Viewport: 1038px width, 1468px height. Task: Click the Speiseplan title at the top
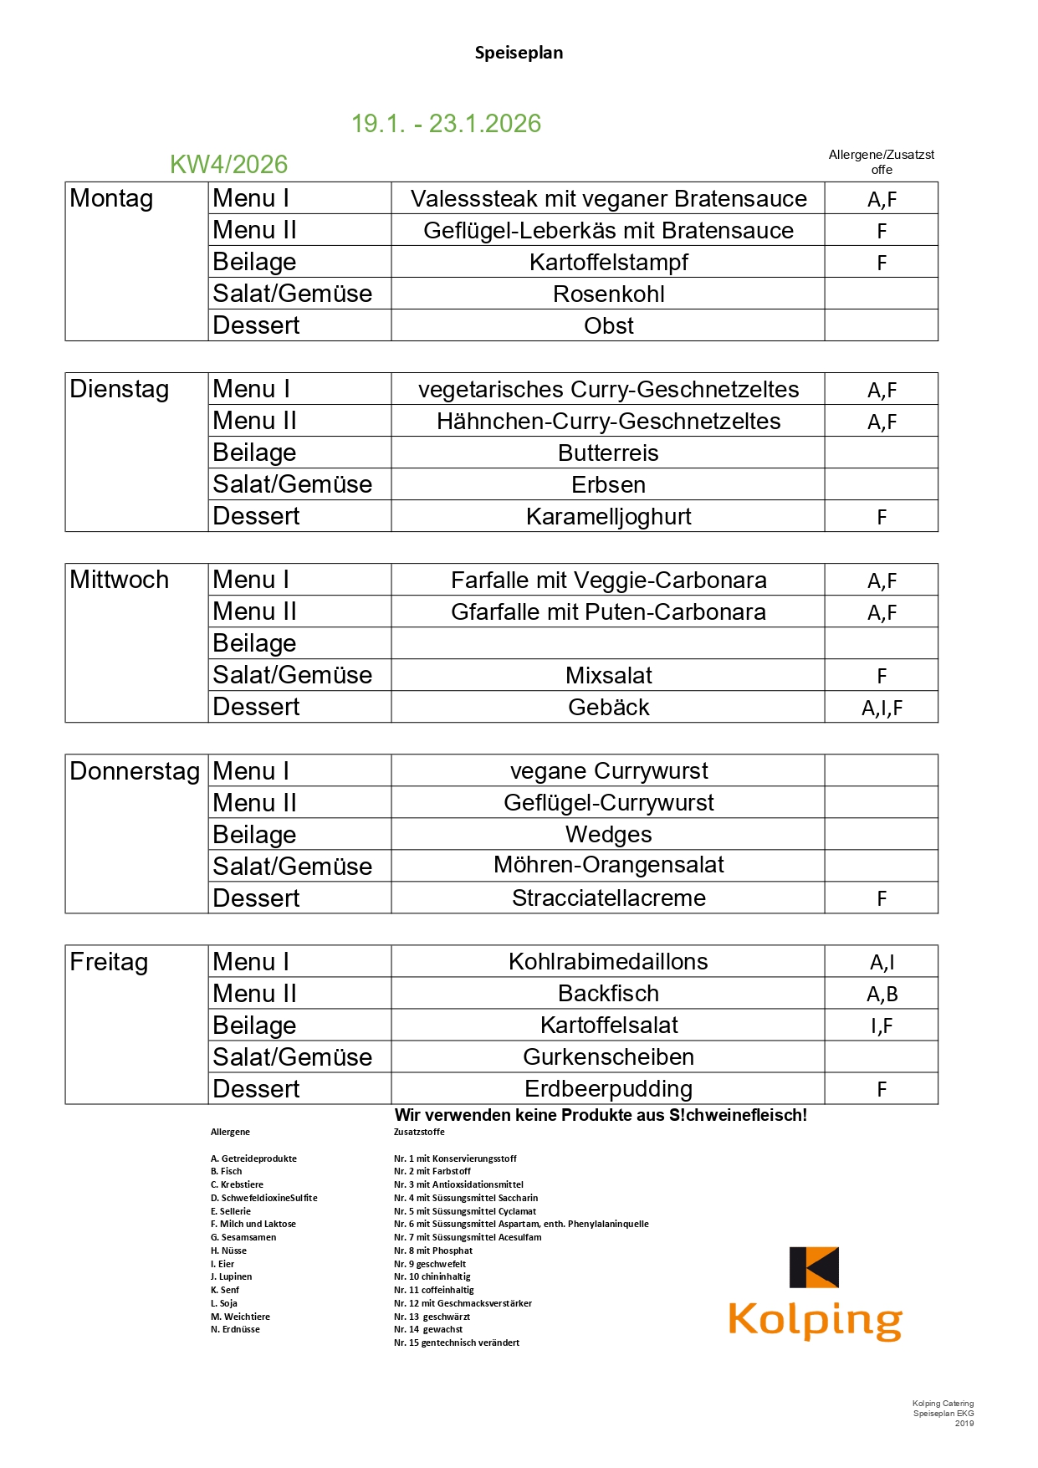[519, 53]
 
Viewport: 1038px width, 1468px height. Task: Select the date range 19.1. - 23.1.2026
[446, 124]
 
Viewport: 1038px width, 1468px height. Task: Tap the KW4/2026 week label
[228, 165]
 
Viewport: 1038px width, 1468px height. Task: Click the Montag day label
[111, 199]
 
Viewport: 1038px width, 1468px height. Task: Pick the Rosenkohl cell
[608, 294]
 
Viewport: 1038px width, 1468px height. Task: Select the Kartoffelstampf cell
[608, 263]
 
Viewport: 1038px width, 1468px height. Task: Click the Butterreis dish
[608, 453]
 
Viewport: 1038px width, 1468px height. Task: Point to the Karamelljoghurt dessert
[608, 517]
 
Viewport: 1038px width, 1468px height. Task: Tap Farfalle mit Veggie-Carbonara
[608, 581]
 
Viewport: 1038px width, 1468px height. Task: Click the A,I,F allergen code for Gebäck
[882, 708]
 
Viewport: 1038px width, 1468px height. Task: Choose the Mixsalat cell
[608, 676]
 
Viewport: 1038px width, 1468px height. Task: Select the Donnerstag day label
[135, 771]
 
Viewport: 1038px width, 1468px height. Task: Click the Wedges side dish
[608, 835]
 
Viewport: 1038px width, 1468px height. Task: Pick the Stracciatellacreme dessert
[608, 898]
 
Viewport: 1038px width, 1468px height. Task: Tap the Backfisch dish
[608, 994]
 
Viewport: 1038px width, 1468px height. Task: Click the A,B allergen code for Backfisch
[882, 995]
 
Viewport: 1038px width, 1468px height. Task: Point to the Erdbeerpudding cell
[608, 1089]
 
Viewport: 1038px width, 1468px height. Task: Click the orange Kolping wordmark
[815, 1320]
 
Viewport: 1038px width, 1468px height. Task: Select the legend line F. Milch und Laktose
[253, 1224]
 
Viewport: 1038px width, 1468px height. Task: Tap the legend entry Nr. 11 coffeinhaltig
[433, 1290]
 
